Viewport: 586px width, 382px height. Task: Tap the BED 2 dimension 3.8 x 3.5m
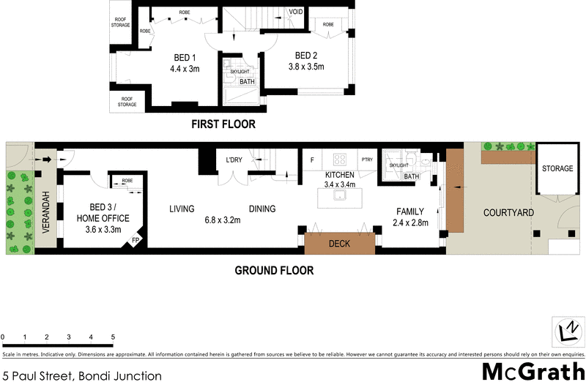(305, 67)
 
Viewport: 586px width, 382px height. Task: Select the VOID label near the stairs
(296, 12)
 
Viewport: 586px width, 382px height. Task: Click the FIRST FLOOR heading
(223, 124)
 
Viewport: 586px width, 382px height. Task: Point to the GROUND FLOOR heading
(274, 270)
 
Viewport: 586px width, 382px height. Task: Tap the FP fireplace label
(136, 240)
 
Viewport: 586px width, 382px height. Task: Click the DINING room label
(262, 209)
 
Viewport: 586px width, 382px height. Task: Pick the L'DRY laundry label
(234, 160)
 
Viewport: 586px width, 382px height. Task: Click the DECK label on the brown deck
(338, 243)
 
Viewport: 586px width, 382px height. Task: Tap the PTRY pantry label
(366, 160)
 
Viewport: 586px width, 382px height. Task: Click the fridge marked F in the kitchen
(313, 160)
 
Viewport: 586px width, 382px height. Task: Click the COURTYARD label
(508, 213)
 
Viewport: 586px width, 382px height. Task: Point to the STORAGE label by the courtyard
(557, 169)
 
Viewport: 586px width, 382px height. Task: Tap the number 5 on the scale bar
(113, 337)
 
